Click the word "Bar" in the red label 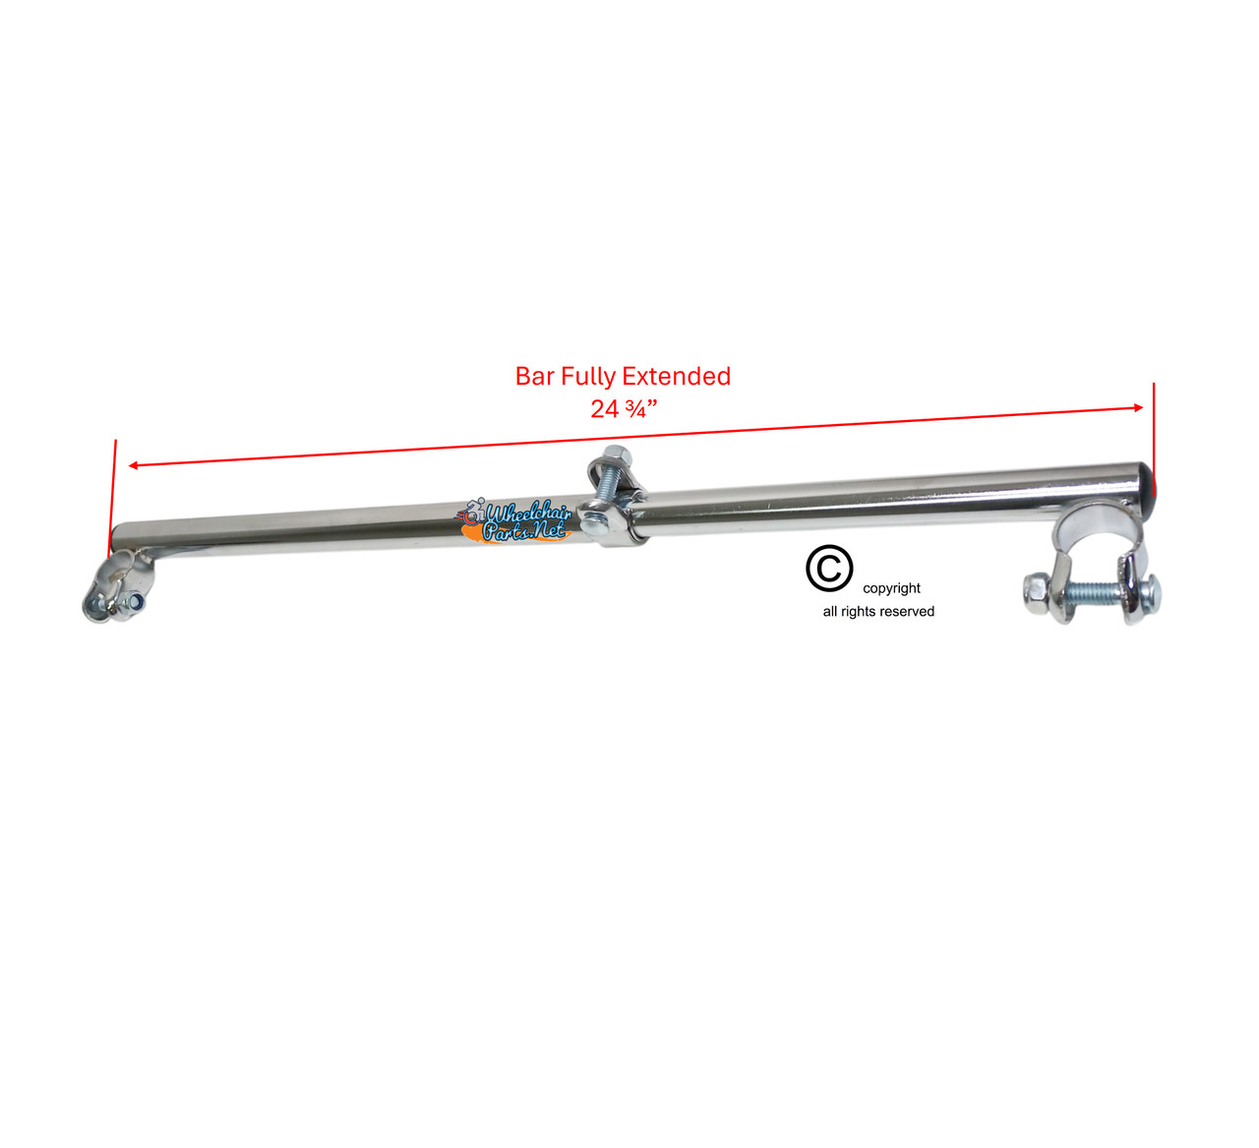coord(535,377)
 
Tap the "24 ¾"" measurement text coord(623,408)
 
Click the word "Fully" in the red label coord(588,377)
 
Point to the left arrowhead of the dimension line coord(134,464)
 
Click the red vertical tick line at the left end coord(113,492)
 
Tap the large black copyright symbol coord(829,569)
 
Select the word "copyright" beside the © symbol coord(891,588)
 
